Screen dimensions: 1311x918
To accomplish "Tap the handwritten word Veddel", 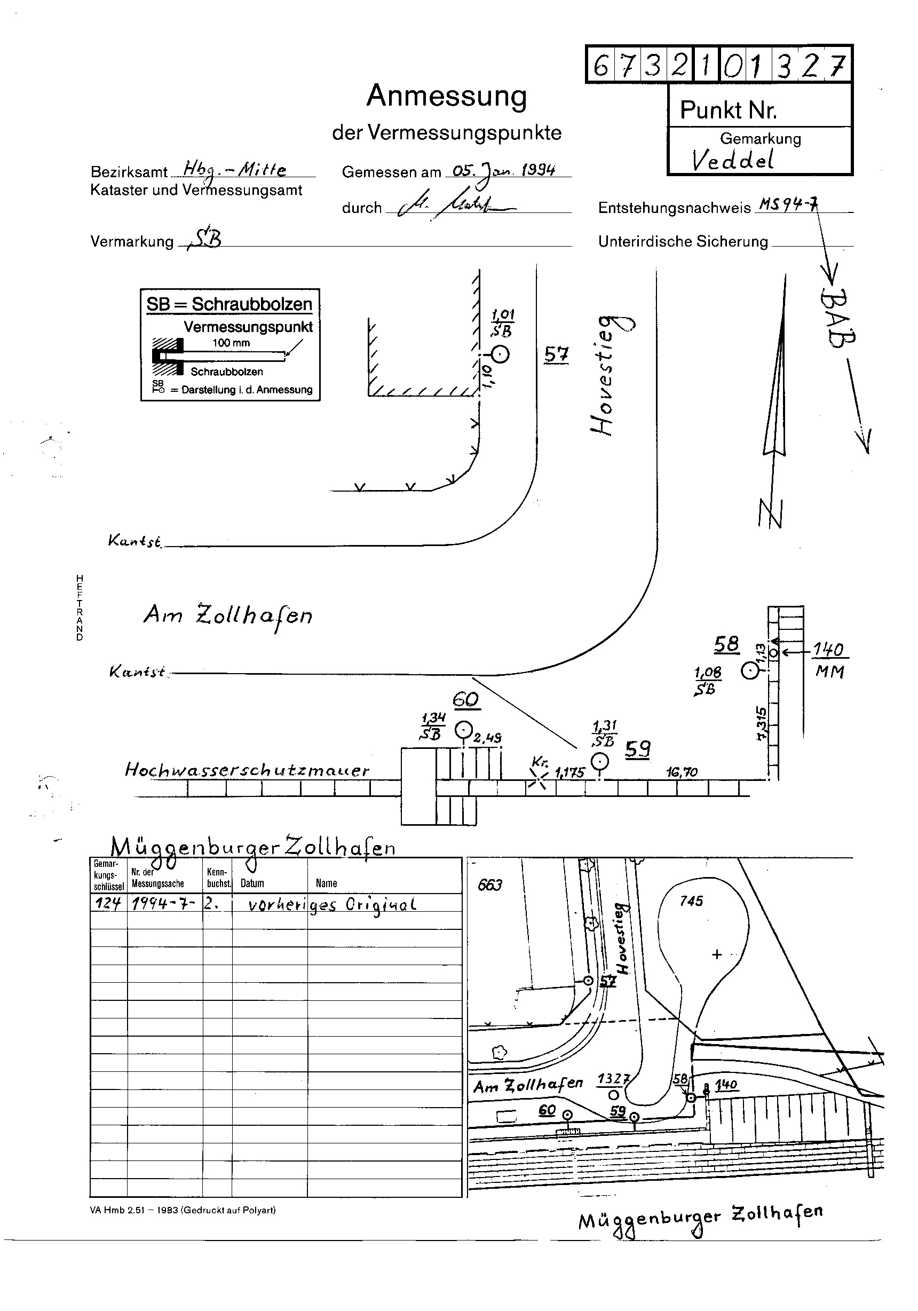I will tap(732, 161).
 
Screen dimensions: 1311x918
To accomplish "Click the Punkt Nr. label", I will tap(729, 109).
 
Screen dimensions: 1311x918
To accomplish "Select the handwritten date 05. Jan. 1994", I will tap(503, 170).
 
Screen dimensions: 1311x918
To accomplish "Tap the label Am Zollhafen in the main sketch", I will tap(227, 615).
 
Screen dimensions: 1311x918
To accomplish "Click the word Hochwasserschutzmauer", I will tap(247, 770).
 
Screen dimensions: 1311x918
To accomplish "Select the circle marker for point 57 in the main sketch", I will tap(500, 354).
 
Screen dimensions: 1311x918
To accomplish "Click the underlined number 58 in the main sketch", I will tap(726, 644).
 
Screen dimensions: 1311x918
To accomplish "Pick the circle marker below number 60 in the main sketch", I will tap(463, 730).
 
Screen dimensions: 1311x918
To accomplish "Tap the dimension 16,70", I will tap(682, 772).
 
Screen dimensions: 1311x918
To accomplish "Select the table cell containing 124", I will tap(107, 904).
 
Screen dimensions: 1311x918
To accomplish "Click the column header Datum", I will tap(252, 883).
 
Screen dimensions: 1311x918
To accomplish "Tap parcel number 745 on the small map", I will tap(691, 901).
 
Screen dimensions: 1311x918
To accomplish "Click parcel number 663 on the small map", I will tap(490, 884).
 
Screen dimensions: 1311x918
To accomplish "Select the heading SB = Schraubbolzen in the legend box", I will tap(230, 304).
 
